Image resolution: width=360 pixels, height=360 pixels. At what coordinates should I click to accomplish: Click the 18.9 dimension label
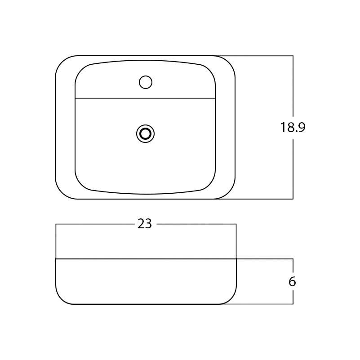point(293,128)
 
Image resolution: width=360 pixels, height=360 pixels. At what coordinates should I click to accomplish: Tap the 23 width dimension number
point(145,224)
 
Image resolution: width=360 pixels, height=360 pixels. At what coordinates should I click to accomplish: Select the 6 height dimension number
point(292,282)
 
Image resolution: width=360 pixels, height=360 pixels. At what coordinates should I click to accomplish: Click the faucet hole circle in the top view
point(146,82)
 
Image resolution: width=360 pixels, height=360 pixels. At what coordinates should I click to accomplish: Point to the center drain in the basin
point(145,134)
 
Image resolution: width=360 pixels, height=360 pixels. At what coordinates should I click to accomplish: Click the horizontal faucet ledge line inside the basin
point(145,98)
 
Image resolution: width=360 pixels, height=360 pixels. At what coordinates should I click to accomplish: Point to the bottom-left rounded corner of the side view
point(61,298)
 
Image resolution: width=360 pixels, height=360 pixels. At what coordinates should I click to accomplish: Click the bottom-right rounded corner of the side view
point(231,298)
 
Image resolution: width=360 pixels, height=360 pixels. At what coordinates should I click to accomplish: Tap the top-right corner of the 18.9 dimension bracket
point(293,56)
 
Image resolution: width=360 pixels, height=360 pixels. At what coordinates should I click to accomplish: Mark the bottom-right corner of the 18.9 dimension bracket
point(293,199)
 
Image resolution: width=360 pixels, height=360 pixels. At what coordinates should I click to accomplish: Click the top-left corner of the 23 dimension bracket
point(56,224)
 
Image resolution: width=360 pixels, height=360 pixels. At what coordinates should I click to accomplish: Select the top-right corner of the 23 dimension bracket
point(236,224)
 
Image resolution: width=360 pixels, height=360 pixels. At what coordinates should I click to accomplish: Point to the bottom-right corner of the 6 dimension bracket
point(293,304)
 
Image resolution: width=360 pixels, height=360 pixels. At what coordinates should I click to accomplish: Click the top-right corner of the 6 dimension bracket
point(293,259)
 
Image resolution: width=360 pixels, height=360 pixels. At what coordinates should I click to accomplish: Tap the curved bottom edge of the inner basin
point(145,194)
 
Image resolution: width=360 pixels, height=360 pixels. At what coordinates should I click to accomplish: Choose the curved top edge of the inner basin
point(145,60)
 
